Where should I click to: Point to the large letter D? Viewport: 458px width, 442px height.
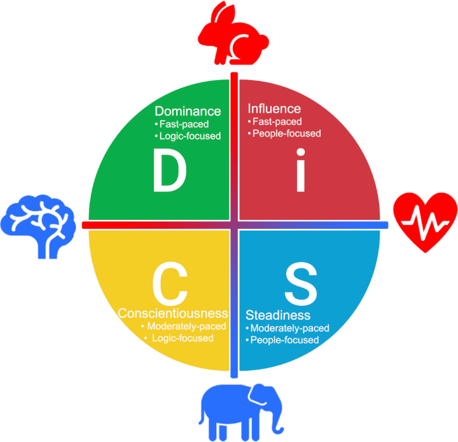coord(169,172)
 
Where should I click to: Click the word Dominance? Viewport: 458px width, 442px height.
coord(188,111)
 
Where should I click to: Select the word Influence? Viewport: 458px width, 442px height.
coord(274,108)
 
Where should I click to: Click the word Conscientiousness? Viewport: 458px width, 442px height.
coord(173,314)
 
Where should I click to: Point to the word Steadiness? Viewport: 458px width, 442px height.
coord(278,315)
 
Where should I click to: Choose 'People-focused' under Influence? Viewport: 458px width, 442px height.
coord(286,134)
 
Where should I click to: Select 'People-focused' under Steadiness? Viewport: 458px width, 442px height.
coord(284,340)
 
